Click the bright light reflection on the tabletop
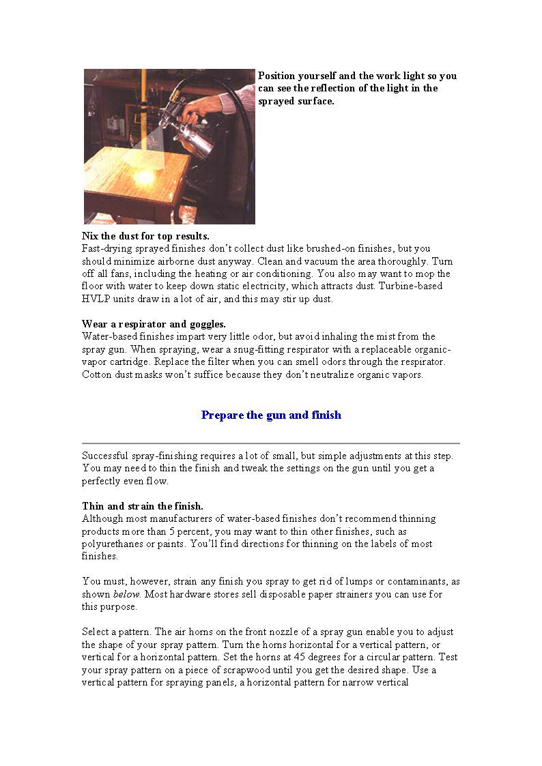(x=145, y=177)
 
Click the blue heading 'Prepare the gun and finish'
(x=271, y=415)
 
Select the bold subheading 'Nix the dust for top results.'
(x=145, y=236)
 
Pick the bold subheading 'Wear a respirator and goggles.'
(x=154, y=324)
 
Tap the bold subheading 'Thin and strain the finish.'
(x=143, y=506)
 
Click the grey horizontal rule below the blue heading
(x=271, y=443)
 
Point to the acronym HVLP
(x=94, y=299)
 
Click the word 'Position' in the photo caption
(x=277, y=76)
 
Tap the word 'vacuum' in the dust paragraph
(x=316, y=261)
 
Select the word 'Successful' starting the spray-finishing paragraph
(x=104, y=456)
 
